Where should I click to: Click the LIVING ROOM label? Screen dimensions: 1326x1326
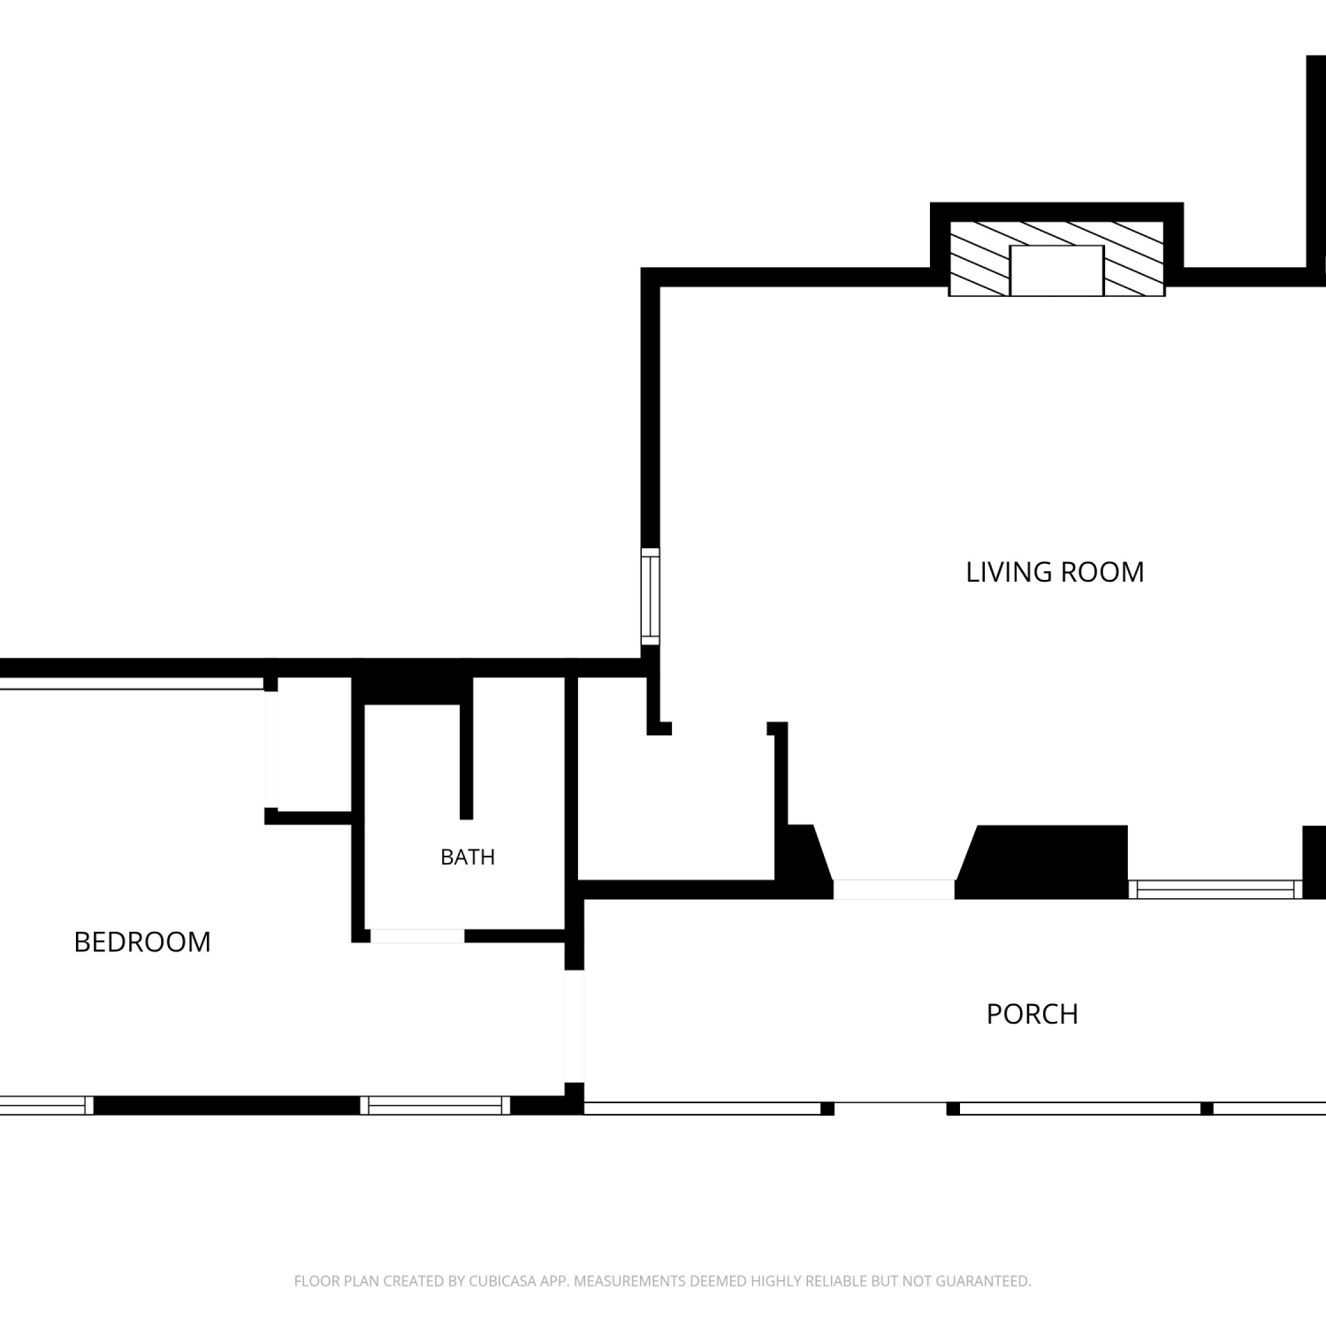tap(1055, 572)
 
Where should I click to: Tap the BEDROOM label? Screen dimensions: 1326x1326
tap(142, 942)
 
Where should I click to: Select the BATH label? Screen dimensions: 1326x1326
tap(468, 857)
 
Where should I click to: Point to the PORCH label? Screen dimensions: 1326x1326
tap(1033, 1014)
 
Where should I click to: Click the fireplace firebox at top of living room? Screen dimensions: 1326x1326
tap(1057, 271)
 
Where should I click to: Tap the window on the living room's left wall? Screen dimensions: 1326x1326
tap(651, 597)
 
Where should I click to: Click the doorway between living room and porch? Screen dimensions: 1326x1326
tap(894, 889)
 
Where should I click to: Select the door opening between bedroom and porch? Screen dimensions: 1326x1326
tap(575, 1026)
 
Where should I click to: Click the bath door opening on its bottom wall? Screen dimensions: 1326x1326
tap(417, 936)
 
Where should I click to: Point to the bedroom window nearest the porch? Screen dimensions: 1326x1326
tap(435, 1105)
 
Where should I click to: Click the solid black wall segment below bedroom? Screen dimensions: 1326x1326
tap(226, 1105)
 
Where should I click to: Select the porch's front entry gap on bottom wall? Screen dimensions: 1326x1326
tap(890, 1109)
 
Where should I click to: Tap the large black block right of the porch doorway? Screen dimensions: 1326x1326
tap(1042, 862)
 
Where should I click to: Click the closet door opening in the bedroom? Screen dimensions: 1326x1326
tap(271, 750)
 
